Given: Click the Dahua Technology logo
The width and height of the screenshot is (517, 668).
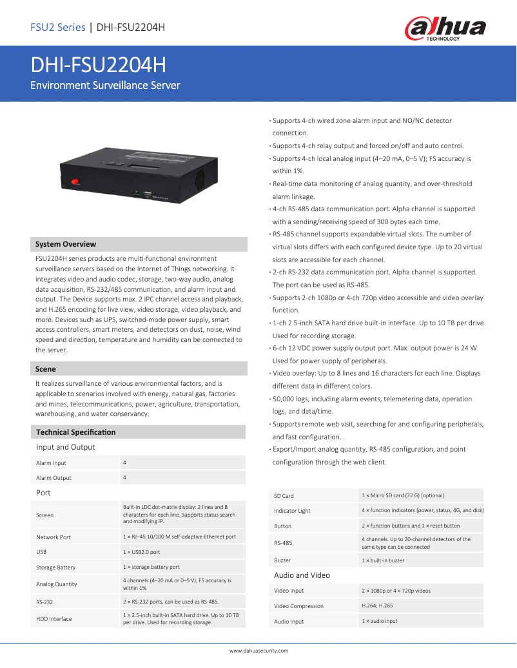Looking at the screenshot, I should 445,29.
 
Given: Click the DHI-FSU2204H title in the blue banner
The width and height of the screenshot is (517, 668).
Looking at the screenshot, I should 98,66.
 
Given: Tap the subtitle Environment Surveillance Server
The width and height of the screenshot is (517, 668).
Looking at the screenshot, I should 106,85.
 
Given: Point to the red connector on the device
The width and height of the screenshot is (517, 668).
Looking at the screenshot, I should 75,183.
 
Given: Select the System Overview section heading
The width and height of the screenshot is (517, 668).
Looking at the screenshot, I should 66,244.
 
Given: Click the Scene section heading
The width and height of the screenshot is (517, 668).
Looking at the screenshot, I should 46,369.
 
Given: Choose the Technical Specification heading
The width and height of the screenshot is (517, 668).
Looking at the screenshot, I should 76,432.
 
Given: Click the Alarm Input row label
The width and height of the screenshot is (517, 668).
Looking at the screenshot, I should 51,463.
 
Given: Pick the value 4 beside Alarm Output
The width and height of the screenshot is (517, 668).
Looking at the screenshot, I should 124,477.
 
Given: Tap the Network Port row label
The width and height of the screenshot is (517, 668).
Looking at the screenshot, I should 54,537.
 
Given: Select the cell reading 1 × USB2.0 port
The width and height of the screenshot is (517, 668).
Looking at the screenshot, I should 142,552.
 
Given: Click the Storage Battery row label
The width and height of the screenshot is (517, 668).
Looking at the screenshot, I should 55,568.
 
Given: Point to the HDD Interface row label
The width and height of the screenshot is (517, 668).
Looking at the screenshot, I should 54,619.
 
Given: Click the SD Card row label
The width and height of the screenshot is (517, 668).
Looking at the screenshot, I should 284,496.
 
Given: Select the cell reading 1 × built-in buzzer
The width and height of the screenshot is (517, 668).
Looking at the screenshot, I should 383,560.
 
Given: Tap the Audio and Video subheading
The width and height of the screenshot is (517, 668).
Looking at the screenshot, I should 302,575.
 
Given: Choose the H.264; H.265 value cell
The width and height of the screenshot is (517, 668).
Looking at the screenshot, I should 377,606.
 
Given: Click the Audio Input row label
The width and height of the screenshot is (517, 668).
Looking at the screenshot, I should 289,622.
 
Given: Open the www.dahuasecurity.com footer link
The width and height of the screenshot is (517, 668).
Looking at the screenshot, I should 258,651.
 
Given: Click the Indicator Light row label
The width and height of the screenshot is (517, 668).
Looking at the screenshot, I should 292,511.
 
